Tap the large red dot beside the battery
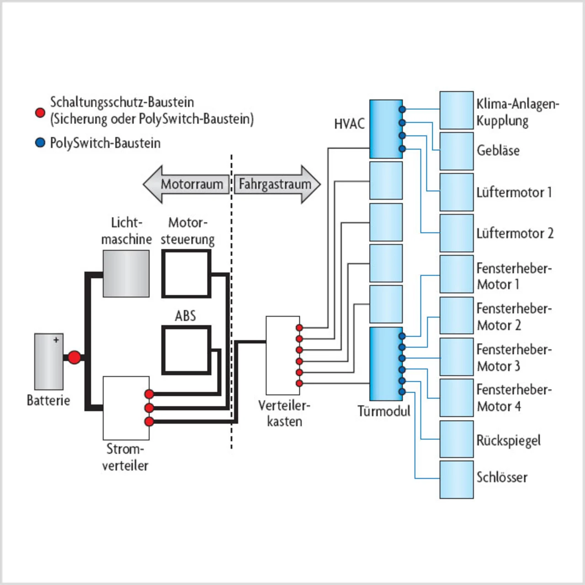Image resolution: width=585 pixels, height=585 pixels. [x=74, y=357]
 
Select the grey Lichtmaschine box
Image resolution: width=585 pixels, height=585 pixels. [x=126, y=273]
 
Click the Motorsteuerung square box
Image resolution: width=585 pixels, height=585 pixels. [x=186, y=274]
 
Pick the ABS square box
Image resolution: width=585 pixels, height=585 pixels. [x=186, y=350]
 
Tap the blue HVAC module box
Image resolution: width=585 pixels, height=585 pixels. [x=386, y=129]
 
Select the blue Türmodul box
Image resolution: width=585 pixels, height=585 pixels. [x=386, y=364]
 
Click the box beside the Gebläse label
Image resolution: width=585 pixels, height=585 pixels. [x=456, y=151]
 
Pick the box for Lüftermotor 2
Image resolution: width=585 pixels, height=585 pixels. [x=456, y=233]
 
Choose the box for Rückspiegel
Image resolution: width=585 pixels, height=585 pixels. [x=456, y=439]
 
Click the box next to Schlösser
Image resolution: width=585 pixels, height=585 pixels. [x=456, y=479]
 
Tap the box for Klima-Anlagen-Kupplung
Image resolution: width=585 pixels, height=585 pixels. [x=456, y=110]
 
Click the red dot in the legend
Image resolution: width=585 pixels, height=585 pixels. [x=40, y=112]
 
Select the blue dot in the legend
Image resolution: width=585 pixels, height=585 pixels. [x=40, y=143]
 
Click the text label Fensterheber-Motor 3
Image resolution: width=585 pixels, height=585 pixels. [x=514, y=357]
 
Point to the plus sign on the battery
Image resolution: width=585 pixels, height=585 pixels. [x=56, y=340]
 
